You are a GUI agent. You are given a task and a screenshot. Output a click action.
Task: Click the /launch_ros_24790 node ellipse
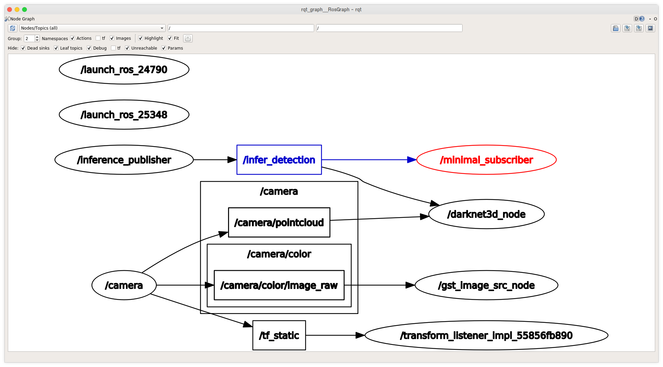point(124,70)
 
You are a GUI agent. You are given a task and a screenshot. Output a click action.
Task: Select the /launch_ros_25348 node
point(124,115)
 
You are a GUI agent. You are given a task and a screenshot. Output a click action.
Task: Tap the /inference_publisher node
point(124,160)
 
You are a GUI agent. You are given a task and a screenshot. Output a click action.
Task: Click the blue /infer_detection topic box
point(279,160)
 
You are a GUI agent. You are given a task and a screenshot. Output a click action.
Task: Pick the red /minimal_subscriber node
point(486,160)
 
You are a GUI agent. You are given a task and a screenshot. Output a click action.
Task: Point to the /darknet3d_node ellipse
point(486,214)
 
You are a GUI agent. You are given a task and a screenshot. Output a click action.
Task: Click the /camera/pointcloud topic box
point(279,223)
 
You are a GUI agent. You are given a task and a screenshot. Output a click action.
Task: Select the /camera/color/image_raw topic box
point(279,285)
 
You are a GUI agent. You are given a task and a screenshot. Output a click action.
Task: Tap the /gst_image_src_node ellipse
point(486,285)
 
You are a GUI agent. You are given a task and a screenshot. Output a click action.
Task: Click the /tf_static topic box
point(279,335)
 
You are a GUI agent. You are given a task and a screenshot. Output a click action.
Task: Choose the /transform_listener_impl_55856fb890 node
point(486,335)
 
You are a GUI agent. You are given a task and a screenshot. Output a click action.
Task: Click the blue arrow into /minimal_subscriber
point(369,160)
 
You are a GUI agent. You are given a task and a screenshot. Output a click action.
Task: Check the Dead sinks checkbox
point(23,48)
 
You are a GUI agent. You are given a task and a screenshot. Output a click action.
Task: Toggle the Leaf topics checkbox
point(56,48)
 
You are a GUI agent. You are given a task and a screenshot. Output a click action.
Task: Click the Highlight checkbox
point(141,38)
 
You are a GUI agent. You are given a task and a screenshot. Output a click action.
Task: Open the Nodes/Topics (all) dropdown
point(92,28)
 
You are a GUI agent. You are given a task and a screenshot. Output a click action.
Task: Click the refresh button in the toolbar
point(13,28)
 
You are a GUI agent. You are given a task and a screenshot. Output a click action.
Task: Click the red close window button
point(10,10)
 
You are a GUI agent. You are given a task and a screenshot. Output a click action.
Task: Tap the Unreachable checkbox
point(127,48)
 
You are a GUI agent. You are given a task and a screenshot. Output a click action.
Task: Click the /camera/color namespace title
point(279,254)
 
